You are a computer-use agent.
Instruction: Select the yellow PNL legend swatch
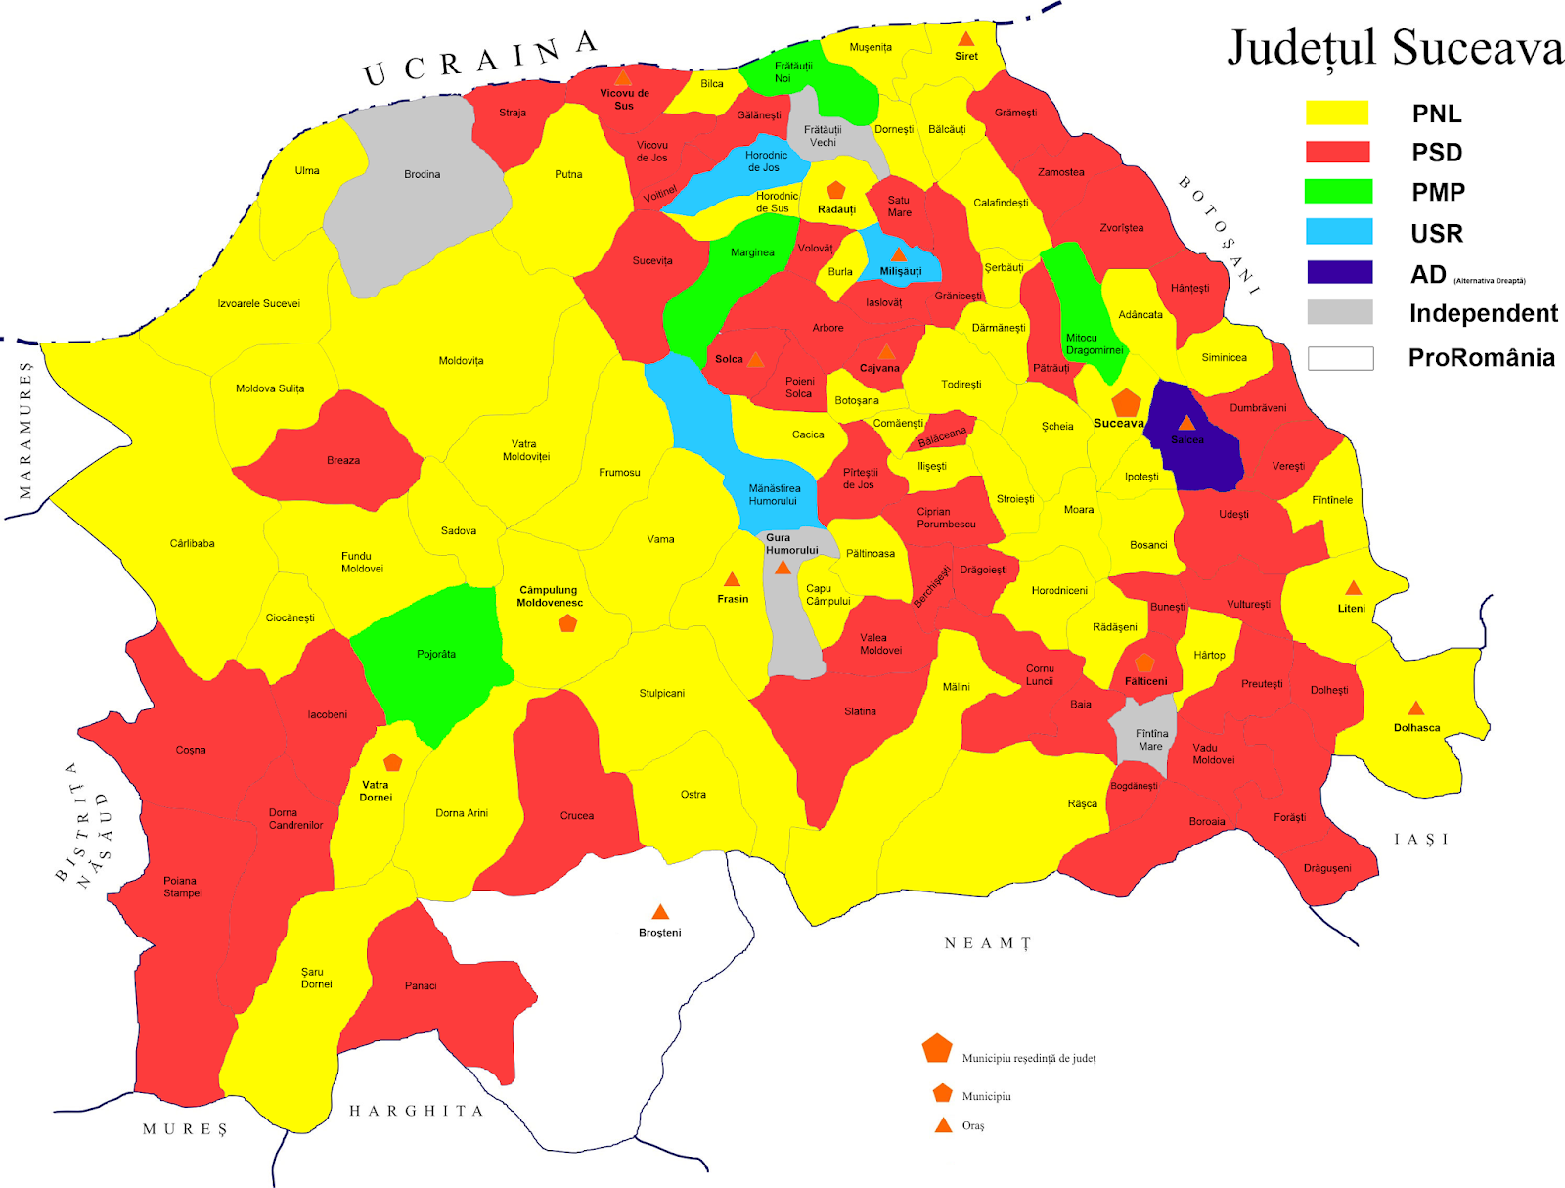[1337, 113]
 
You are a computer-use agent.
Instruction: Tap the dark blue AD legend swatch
[1339, 272]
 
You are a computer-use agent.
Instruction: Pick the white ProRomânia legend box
[1340, 358]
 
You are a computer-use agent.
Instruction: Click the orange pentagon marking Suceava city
[1126, 402]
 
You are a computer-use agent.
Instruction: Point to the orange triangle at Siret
[965, 39]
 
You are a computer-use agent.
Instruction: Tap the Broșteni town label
[659, 933]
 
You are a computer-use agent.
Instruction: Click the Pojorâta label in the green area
[436, 654]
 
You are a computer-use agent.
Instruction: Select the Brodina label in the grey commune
[422, 174]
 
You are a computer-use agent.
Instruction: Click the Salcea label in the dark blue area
[1187, 439]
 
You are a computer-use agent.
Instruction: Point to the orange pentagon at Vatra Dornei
[392, 762]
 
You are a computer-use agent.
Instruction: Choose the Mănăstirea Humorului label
[774, 494]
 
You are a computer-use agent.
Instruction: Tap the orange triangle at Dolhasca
[1415, 708]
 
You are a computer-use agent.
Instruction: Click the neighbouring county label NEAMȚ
[987, 943]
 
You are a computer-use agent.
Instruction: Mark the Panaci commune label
[421, 985]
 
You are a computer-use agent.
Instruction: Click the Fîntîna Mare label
[1151, 739]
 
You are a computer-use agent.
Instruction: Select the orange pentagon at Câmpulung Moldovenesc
[567, 622]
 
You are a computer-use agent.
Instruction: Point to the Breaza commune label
[343, 460]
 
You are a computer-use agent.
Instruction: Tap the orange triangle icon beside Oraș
[943, 1125]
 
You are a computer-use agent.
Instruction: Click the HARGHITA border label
[417, 1111]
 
